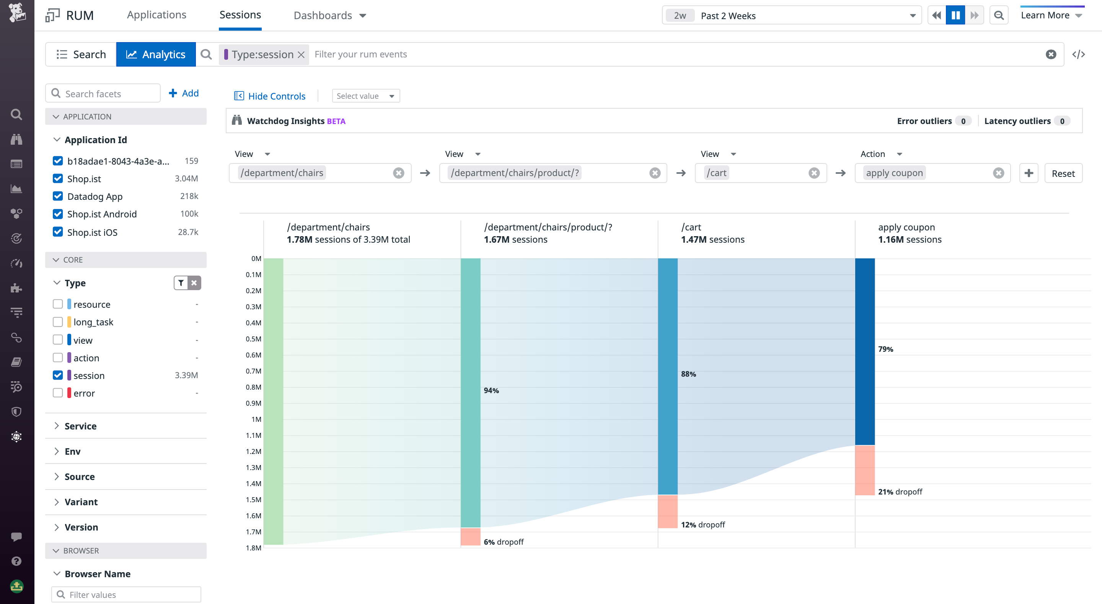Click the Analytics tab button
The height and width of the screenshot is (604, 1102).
point(156,54)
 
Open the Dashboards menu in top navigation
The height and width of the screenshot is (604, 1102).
point(329,15)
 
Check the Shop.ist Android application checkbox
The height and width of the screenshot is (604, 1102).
point(58,214)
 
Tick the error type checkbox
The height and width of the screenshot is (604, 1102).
point(58,393)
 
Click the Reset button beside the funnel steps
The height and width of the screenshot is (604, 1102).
point(1063,173)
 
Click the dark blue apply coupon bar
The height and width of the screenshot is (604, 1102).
point(865,351)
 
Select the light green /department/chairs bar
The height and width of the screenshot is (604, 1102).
point(273,401)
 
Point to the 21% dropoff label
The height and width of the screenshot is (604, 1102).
point(900,492)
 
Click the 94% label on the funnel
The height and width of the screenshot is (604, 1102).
point(491,390)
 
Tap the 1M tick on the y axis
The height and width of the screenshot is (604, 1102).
point(256,419)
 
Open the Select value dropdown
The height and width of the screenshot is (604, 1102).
point(365,96)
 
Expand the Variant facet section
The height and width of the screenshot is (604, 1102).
point(81,502)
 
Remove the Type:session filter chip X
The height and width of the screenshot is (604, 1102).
point(301,55)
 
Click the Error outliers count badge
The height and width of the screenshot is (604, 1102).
point(963,121)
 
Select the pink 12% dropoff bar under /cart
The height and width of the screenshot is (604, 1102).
point(667,511)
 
